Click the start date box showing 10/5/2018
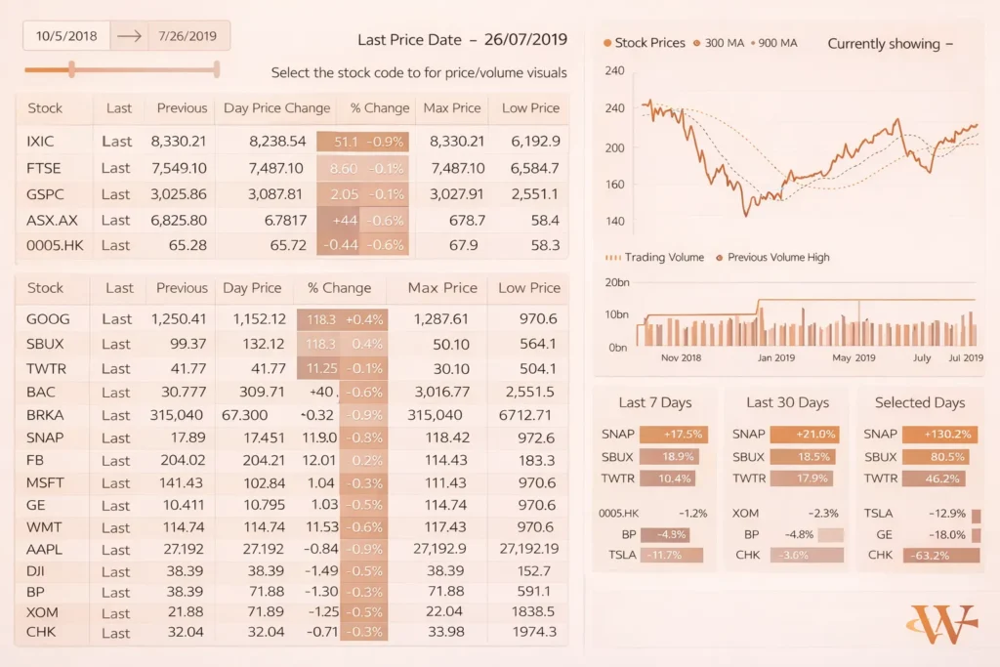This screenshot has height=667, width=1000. tap(66, 36)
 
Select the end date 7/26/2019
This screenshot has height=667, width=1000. tap(182, 36)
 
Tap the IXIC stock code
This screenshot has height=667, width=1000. tap(40, 142)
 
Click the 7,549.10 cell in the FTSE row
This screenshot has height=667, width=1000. tap(179, 168)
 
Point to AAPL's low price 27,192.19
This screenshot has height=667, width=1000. tap(525, 549)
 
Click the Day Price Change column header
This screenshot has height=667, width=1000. tap(276, 108)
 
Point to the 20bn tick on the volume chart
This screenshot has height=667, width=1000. tap(616, 283)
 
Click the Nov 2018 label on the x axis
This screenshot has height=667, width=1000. tap(681, 358)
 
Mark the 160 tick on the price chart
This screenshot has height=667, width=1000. tap(615, 185)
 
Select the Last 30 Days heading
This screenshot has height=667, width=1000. tap(787, 402)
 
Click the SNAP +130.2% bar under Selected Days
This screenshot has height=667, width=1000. tap(935, 435)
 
